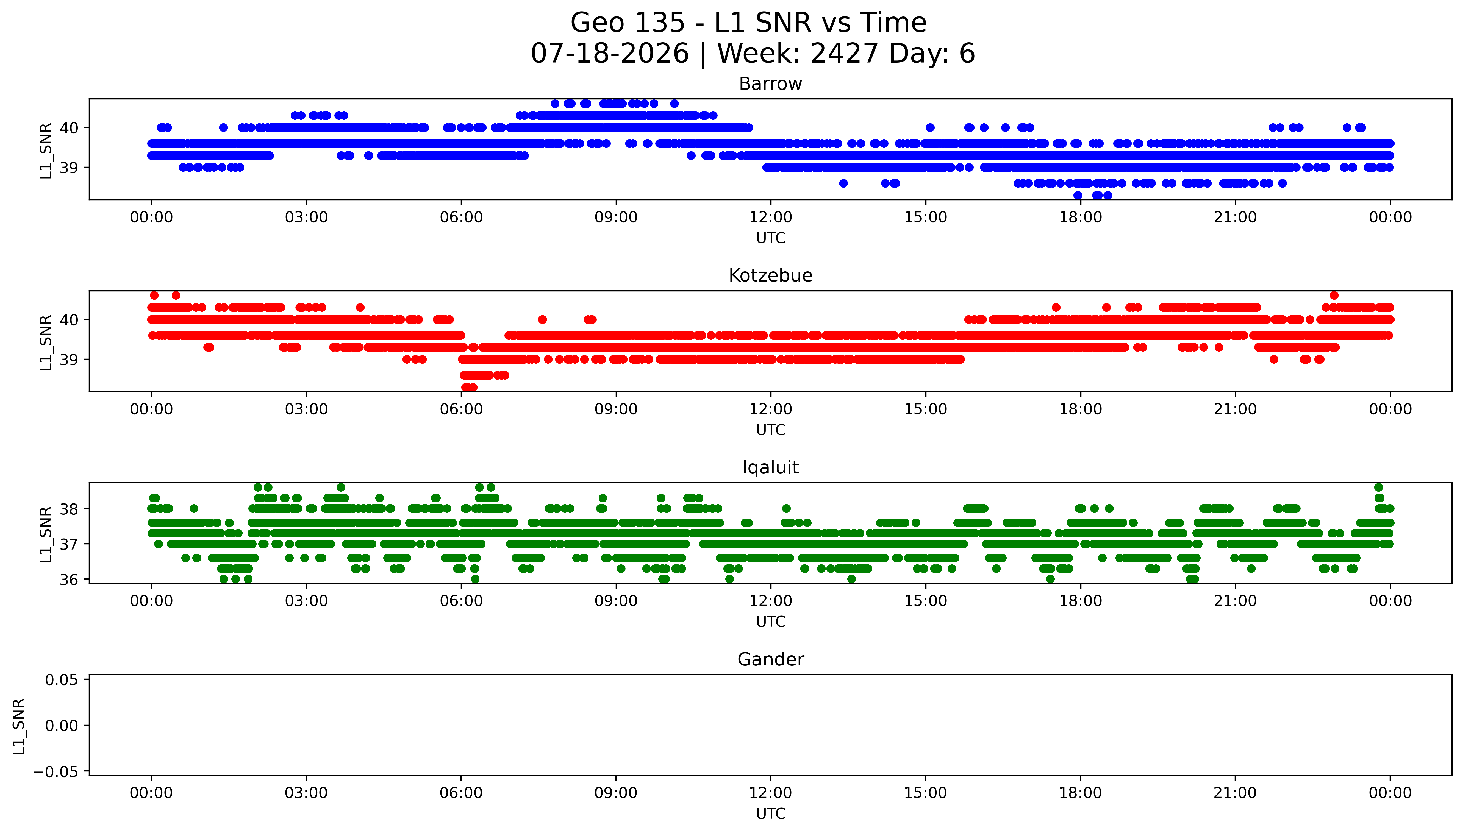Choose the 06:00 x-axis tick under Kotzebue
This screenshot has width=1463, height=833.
pos(461,409)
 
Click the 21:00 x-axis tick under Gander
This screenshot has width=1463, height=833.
pos(1235,793)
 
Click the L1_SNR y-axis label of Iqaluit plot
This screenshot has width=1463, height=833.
pos(46,534)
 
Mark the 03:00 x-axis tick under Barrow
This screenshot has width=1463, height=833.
pos(306,218)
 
